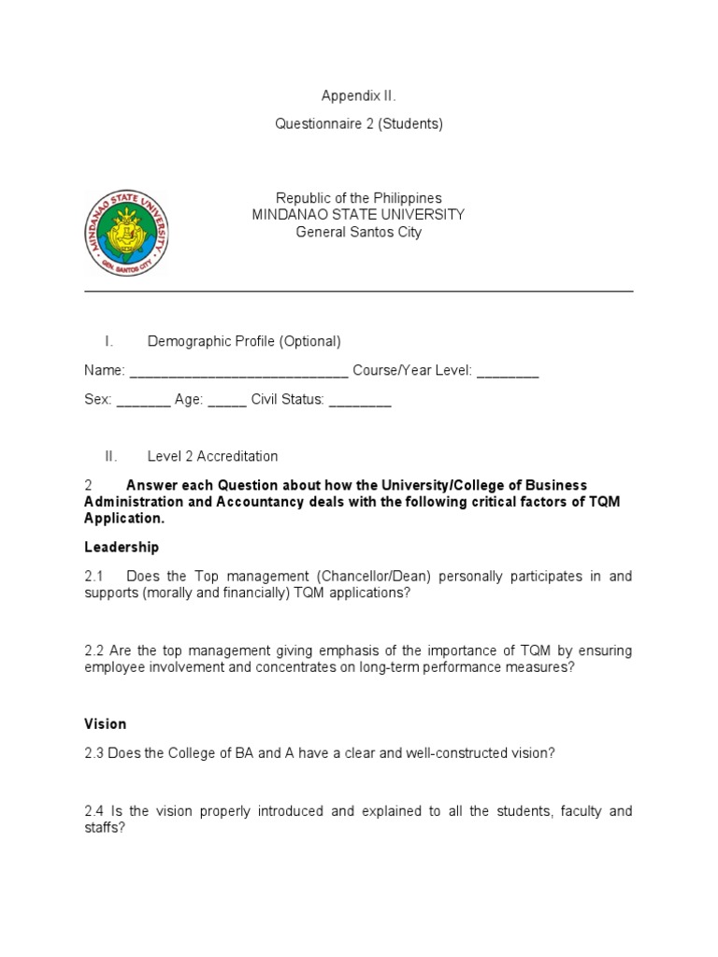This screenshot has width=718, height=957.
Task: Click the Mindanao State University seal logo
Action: (x=127, y=232)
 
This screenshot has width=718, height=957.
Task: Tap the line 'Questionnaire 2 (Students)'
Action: (x=358, y=124)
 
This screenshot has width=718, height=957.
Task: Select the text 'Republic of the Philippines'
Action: (x=358, y=198)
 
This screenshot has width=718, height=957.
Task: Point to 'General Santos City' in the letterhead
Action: (x=358, y=232)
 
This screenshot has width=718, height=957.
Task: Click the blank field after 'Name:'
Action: (x=238, y=372)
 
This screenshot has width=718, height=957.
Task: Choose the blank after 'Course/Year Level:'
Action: (x=507, y=372)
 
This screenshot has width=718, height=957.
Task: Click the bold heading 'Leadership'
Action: (x=122, y=547)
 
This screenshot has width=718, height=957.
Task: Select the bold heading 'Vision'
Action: (x=105, y=723)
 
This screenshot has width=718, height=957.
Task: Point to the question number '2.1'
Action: (x=94, y=577)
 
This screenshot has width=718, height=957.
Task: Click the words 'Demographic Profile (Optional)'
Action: (x=244, y=342)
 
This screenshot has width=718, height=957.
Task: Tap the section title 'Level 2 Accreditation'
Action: (x=212, y=456)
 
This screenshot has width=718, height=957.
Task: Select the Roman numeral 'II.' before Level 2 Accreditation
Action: (x=111, y=456)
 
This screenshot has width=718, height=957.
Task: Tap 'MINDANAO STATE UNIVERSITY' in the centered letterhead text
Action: (x=358, y=215)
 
